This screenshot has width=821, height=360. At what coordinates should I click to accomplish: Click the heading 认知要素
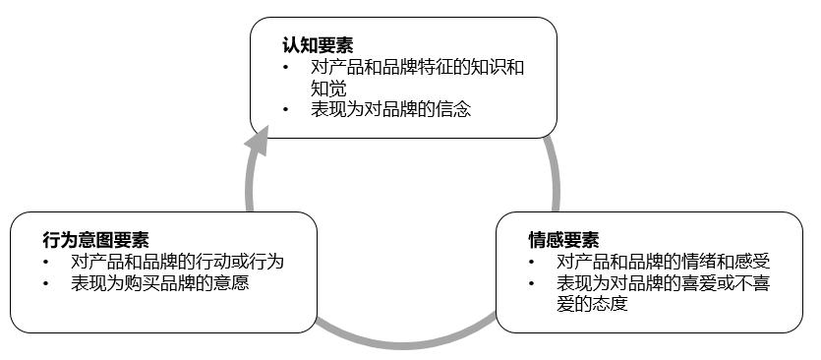tap(318, 45)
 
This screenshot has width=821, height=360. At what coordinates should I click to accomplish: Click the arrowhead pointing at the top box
tap(257, 146)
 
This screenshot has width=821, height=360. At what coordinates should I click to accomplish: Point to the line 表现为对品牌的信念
tap(391, 109)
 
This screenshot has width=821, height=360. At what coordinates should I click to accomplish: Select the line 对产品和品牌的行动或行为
tap(177, 263)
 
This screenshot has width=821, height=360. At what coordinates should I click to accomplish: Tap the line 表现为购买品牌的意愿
tap(158, 283)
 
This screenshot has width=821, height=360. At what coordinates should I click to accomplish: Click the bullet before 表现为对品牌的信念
tap(285, 110)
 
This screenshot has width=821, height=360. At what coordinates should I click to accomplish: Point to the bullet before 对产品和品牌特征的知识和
tap(285, 68)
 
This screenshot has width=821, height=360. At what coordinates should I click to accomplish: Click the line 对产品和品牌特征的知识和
tap(417, 67)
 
